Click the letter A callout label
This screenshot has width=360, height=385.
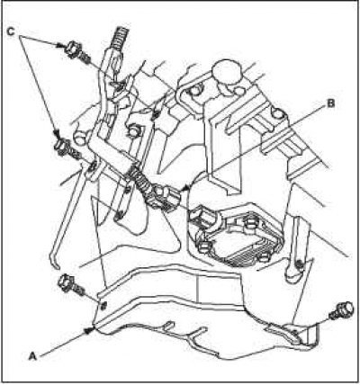click(x=32, y=356)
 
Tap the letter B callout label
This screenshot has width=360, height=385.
click(x=330, y=103)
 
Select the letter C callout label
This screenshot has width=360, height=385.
click(x=11, y=31)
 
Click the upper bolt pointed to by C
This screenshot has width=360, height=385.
click(x=78, y=52)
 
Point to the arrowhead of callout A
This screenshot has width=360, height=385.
click(x=88, y=330)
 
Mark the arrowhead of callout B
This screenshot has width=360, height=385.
click(x=186, y=187)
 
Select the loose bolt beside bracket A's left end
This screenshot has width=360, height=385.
click(x=71, y=285)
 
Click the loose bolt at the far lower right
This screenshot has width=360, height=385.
click(x=341, y=310)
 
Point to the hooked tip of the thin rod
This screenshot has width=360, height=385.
click(x=54, y=263)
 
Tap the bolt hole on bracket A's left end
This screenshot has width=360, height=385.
click(x=103, y=307)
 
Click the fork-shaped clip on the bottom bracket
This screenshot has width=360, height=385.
click(x=192, y=335)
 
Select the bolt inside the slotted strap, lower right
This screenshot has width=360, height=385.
click(x=298, y=264)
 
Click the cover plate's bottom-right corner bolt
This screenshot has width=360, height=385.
click(x=264, y=257)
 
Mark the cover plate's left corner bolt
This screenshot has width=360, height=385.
click(x=204, y=246)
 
